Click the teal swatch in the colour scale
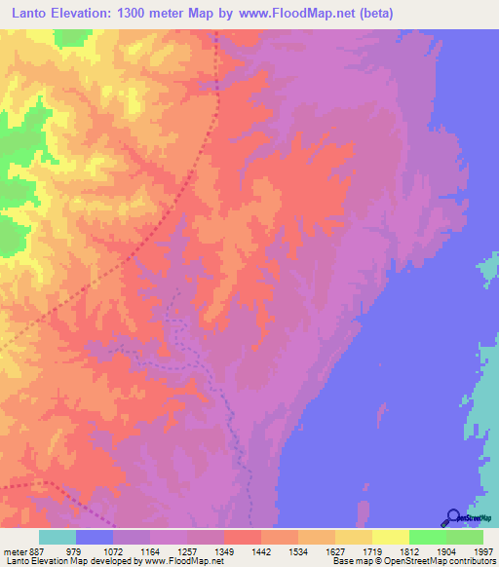(58, 537)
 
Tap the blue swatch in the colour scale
(95, 537)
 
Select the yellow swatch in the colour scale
(390, 537)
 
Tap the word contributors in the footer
(472, 562)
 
